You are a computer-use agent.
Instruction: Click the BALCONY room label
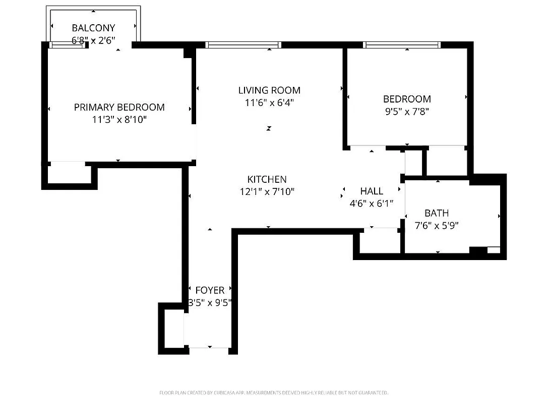[93, 28]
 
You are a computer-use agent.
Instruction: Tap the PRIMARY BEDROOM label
[119, 107]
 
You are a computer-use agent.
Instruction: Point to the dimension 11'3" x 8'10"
[119, 120]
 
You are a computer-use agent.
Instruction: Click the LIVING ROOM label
[269, 90]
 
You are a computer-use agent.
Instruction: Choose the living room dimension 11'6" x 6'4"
[269, 103]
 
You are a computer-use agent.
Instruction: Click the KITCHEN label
[267, 179]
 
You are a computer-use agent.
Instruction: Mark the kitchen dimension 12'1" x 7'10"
[267, 191]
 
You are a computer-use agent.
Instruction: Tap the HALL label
[372, 191]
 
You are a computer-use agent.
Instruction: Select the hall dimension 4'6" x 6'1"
[372, 204]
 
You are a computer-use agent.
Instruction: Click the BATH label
[436, 213]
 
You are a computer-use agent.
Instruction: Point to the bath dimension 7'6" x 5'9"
[436, 226]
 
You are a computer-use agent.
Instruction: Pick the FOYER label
[210, 290]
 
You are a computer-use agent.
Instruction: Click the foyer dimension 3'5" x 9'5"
[210, 303]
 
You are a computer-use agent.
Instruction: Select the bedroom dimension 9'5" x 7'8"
[406, 111]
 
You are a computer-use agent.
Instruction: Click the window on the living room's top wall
[243, 45]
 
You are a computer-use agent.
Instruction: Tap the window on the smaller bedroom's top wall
[402, 45]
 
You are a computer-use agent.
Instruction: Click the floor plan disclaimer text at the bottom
[274, 392]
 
